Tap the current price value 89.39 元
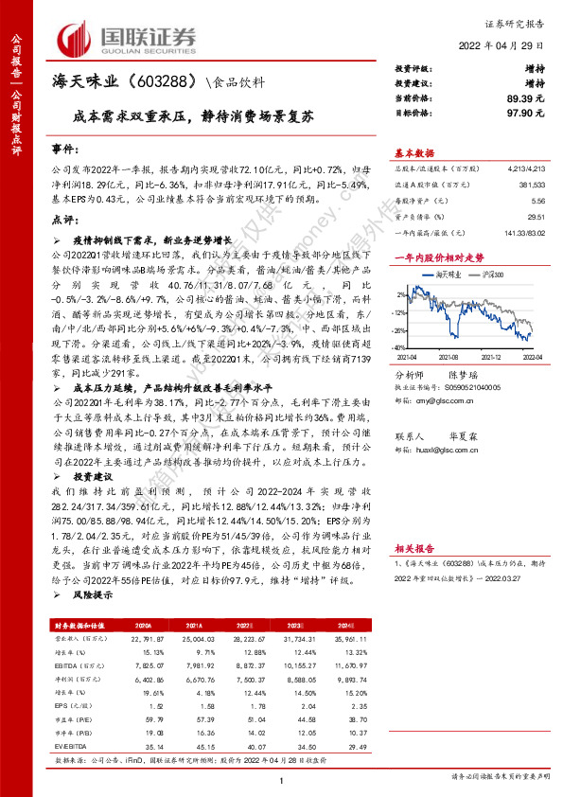point(525,97)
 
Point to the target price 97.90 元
point(525,112)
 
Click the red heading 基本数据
point(414,153)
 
